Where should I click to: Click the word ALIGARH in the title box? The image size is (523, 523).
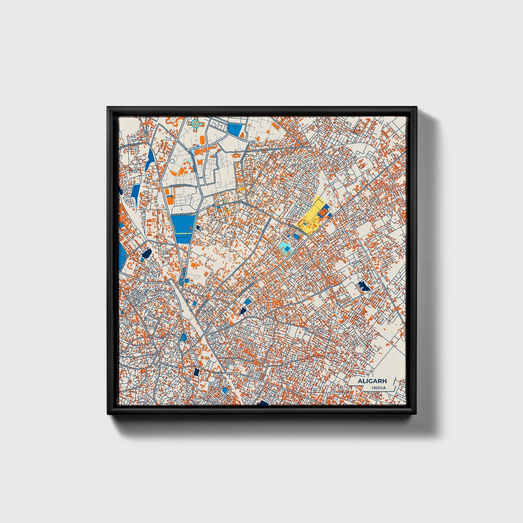pos(372,381)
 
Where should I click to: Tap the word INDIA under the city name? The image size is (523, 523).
pos(379,388)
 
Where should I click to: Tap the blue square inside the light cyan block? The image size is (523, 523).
pos(287,249)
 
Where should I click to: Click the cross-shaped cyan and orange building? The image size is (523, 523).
pos(195,124)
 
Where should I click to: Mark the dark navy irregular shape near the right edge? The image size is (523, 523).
pos(364,287)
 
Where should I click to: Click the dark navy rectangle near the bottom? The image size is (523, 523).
pos(196,372)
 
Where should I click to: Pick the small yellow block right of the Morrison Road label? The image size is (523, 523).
pos(241,189)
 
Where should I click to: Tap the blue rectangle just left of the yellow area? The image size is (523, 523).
pos(296,236)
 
